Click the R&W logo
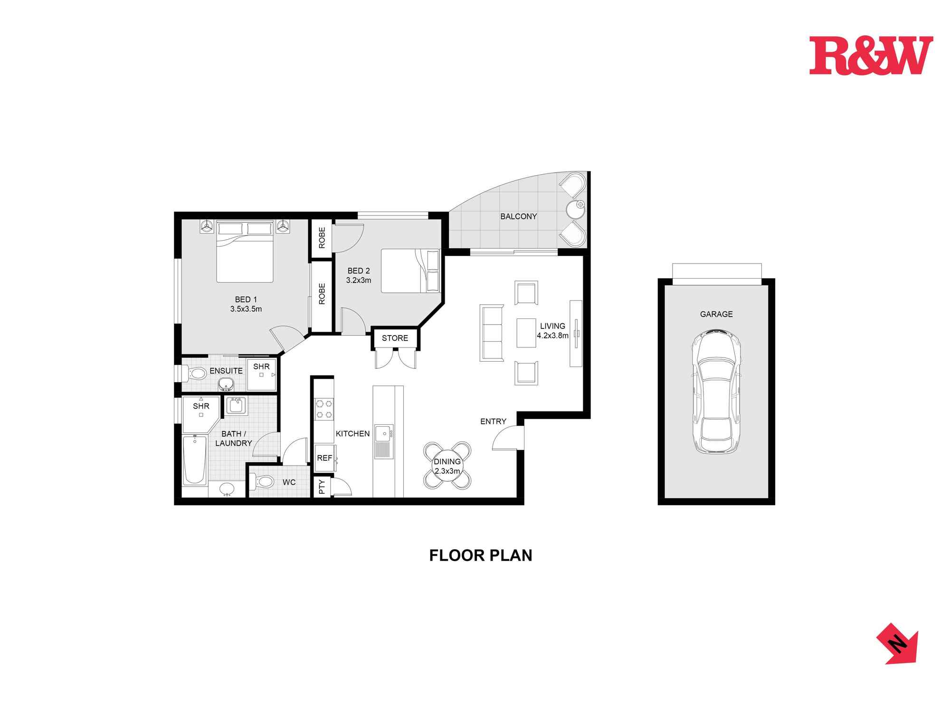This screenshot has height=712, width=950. point(871,56)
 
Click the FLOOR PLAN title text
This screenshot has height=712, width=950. point(480,555)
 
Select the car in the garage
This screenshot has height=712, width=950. point(716,392)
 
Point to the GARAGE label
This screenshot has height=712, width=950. point(716,314)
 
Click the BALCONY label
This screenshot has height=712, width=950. point(518,216)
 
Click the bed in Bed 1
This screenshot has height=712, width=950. point(245,252)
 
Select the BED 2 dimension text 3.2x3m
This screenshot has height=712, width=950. point(358,280)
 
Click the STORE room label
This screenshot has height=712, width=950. point(395,338)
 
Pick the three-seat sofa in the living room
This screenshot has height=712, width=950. point(491,334)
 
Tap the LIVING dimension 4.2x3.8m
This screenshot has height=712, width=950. point(552,336)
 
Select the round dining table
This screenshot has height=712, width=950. point(447,466)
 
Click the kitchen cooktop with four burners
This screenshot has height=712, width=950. point(324,409)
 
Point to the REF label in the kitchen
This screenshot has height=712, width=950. point(324,458)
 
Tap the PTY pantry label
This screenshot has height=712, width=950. point(322,487)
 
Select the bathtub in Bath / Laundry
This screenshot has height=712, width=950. point(195,459)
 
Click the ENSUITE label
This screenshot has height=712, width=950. point(226,371)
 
